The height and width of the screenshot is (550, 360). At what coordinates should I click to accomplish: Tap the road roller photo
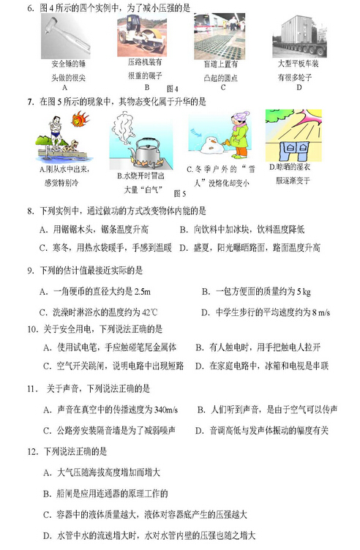pos(143,34)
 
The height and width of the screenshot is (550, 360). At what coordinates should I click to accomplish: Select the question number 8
pos(30,211)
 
